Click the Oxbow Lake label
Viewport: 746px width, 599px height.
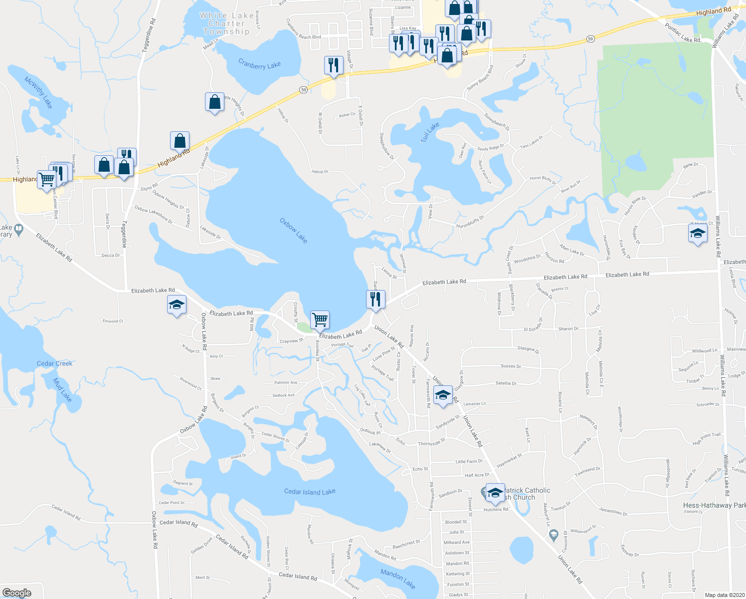click(x=293, y=231)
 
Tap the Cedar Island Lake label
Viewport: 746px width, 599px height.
click(x=310, y=492)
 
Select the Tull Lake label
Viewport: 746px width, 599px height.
click(x=430, y=132)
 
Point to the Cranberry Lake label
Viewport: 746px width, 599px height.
click(x=259, y=65)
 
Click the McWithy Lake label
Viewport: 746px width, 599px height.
click(x=38, y=93)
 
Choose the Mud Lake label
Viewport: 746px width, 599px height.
click(x=63, y=390)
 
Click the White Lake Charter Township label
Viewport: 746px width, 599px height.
click(x=226, y=23)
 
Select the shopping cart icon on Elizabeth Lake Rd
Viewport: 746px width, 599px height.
click(x=320, y=319)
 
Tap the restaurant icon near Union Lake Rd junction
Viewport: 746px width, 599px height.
click(x=375, y=299)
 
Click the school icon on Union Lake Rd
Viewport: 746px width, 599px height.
click(x=443, y=395)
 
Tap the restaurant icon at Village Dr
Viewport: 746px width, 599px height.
click(x=334, y=65)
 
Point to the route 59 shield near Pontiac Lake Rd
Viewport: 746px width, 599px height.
click(x=590, y=38)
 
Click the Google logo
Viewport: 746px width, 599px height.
click(x=17, y=593)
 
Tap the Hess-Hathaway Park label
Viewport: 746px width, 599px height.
click(x=714, y=505)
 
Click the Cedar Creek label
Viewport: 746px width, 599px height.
click(x=54, y=363)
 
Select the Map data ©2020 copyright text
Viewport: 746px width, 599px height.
click(x=724, y=595)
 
